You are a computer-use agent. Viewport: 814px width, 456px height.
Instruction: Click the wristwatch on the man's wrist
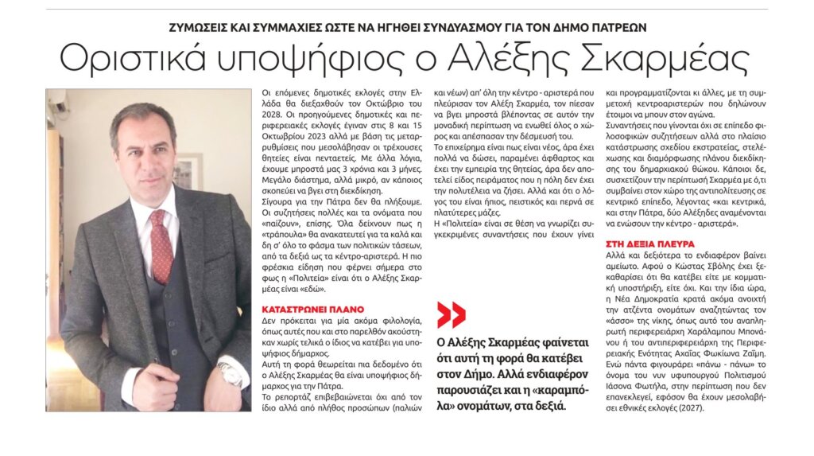click(x=231, y=373)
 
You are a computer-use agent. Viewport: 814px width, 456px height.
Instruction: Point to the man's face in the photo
click(x=144, y=147)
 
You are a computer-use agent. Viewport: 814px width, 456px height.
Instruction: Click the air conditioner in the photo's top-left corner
click(x=56, y=99)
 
